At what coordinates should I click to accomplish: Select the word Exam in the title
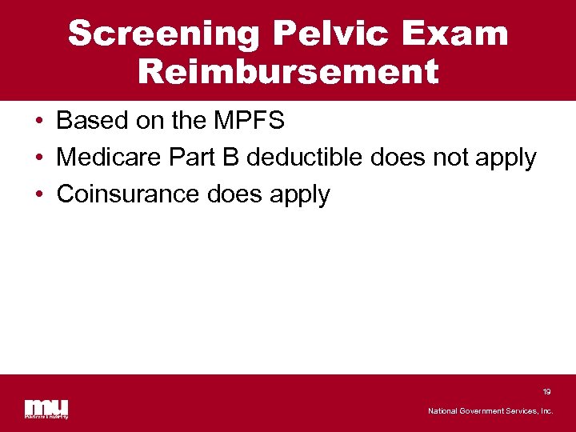pyautogui.click(x=461, y=34)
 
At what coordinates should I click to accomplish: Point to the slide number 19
pyautogui.click(x=546, y=392)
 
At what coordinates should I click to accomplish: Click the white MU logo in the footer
pyautogui.click(x=46, y=408)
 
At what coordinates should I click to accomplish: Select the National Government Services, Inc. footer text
pyautogui.click(x=490, y=411)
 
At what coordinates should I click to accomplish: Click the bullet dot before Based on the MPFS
pyautogui.click(x=38, y=122)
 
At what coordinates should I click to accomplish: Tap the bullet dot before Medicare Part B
pyautogui.click(x=38, y=158)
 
